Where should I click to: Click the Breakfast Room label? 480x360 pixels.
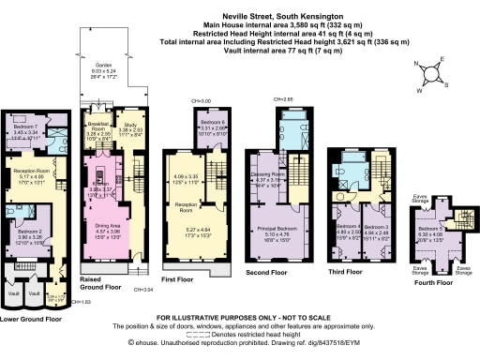click(x=100, y=128)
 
